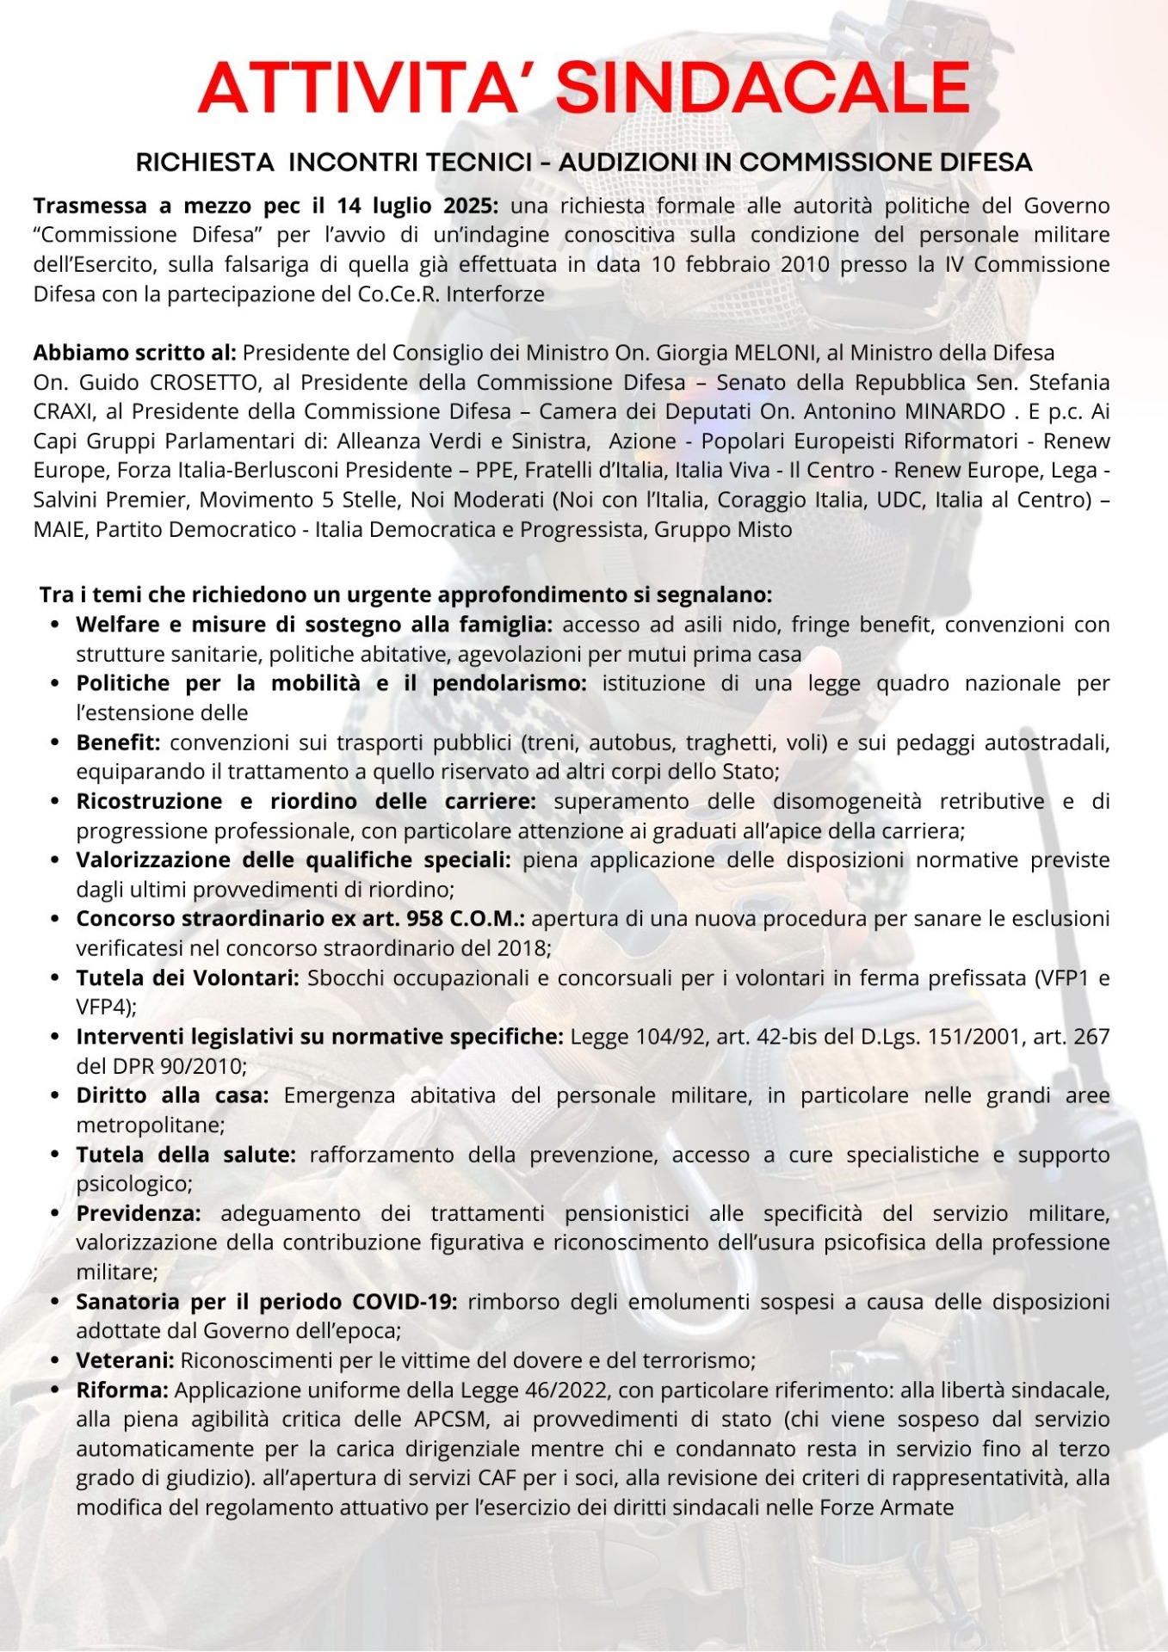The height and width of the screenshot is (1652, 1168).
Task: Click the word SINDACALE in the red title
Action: click(763, 88)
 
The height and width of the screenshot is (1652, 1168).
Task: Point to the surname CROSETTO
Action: click(204, 382)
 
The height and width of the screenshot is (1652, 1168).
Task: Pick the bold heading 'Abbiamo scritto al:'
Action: click(134, 353)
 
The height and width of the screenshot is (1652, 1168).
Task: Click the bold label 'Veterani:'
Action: click(125, 1360)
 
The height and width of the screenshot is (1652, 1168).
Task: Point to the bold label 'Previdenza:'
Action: click(139, 1213)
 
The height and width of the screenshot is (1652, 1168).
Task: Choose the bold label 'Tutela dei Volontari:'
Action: click(188, 978)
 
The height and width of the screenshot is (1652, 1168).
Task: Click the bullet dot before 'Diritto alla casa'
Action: click(55, 1096)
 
